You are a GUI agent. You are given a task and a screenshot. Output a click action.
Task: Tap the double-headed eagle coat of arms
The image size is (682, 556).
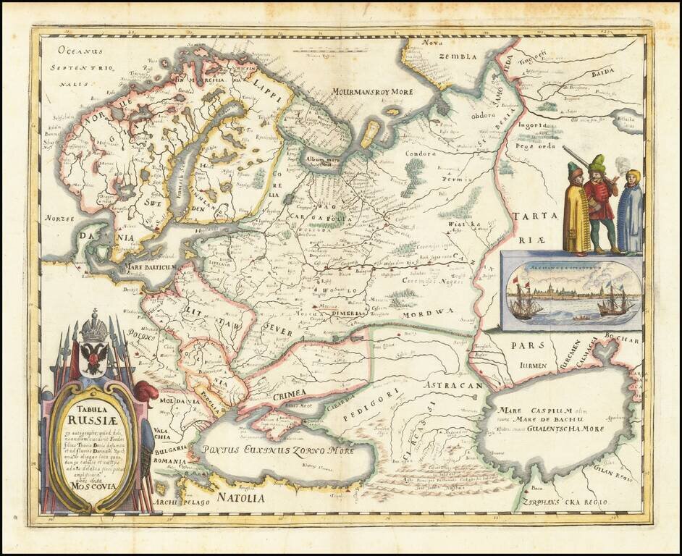pyautogui.click(x=93, y=358)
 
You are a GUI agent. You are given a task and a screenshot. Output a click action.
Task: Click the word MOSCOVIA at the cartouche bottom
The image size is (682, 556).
pyautogui.click(x=91, y=485)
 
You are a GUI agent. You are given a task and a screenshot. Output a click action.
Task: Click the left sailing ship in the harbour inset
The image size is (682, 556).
pyautogui.click(x=526, y=300)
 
